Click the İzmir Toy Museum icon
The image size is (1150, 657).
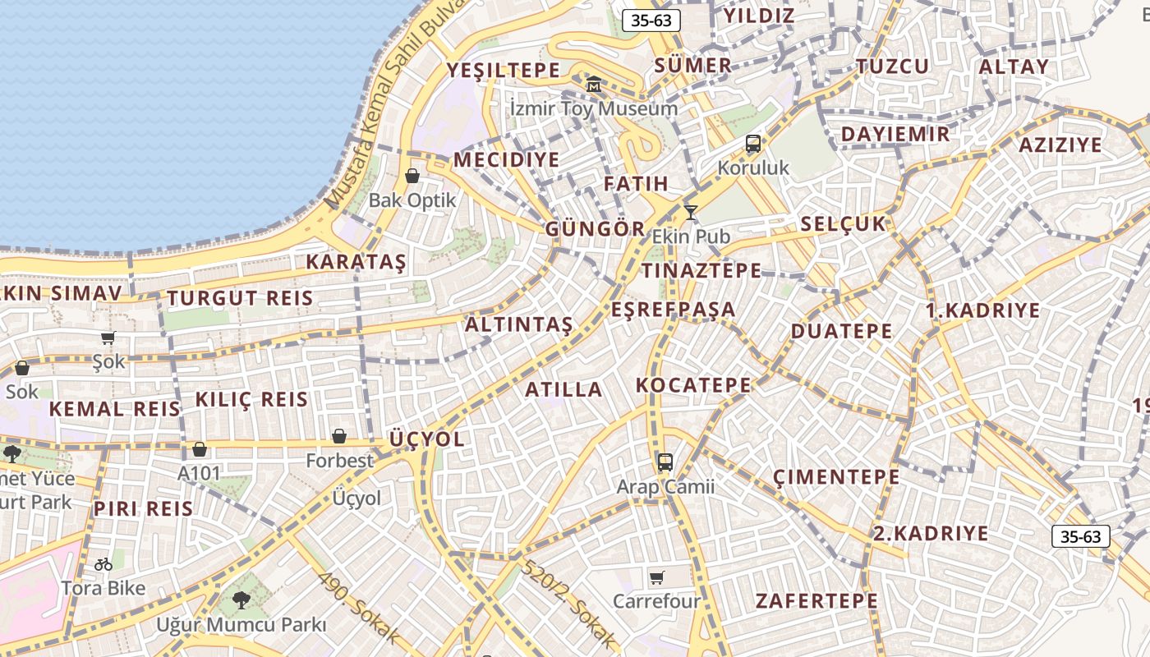click(x=594, y=84)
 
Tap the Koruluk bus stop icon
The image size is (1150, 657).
click(x=753, y=144)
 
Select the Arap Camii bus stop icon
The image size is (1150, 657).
click(x=665, y=462)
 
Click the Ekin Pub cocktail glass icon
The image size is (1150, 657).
click(x=691, y=213)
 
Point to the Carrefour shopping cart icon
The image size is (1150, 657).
click(x=656, y=577)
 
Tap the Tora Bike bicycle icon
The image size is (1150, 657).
click(x=103, y=564)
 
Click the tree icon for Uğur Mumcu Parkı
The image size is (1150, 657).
click(x=241, y=600)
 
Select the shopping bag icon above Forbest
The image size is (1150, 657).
click(x=339, y=436)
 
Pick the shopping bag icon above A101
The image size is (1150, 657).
click(x=200, y=449)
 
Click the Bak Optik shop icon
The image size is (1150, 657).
click(x=412, y=176)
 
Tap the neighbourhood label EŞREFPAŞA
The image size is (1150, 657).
click(x=674, y=310)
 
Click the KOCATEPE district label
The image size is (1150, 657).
click(x=693, y=385)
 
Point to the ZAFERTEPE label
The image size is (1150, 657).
click(x=816, y=601)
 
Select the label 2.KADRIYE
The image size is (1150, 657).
click(x=931, y=533)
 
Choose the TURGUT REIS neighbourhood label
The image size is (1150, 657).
click(x=240, y=298)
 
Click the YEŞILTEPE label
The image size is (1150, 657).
click(x=503, y=71)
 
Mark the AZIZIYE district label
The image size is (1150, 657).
click(x=1060, y=145)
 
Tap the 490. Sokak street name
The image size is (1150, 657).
click(x=358, y=609)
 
